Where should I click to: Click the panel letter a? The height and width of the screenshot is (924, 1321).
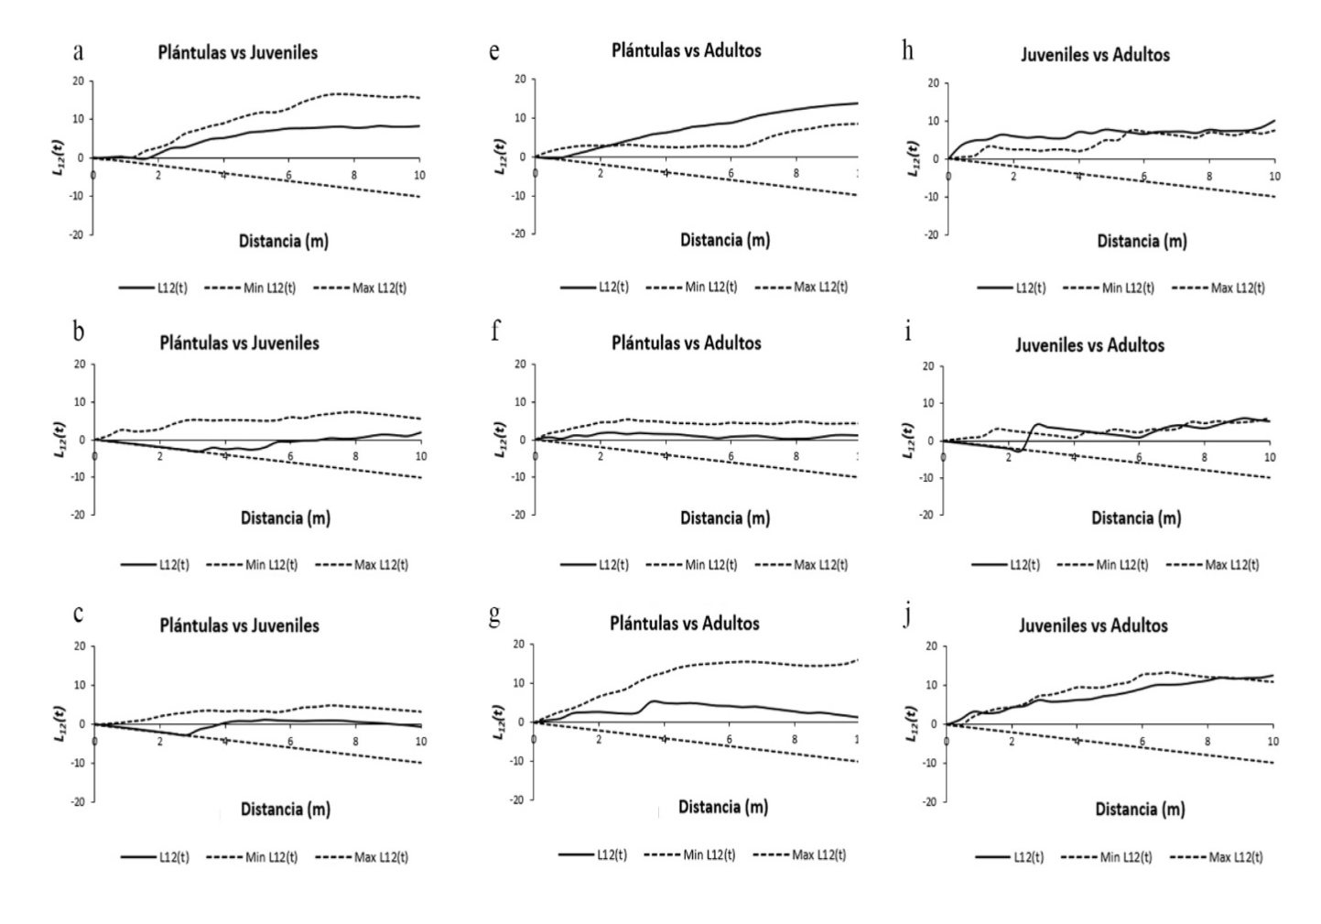coord(79,51)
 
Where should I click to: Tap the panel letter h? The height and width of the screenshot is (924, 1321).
coord(907,50)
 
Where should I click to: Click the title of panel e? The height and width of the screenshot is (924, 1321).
coord(686,50)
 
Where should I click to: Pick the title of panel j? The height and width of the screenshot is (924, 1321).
coord(1093,625)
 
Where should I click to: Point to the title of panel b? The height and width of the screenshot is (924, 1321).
coord(239,343)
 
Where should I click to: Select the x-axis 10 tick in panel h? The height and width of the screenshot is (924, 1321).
coord(1273,175)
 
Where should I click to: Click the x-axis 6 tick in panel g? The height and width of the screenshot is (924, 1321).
coord(730,739)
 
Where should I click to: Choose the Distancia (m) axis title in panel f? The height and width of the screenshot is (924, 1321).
coord(724,517)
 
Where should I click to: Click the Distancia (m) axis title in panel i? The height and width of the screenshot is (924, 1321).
coord(1135,517)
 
